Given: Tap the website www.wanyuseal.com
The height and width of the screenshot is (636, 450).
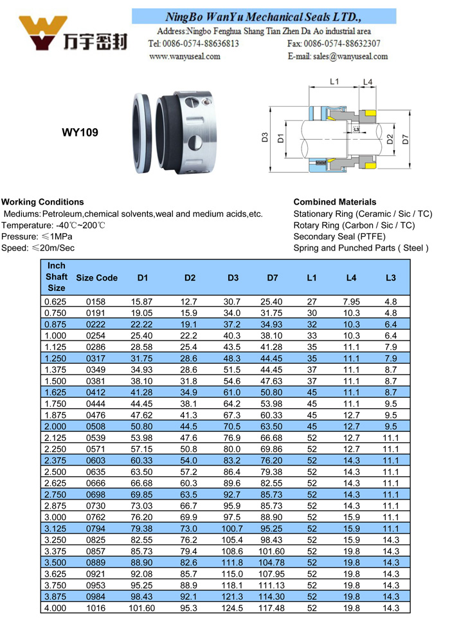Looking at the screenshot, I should pos(184,56).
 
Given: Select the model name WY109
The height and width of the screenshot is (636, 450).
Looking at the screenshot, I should pos(80,133).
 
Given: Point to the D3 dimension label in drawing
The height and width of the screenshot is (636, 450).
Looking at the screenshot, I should pos(264,137).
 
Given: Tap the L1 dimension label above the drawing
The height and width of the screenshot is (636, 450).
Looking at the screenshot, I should pos(334,82).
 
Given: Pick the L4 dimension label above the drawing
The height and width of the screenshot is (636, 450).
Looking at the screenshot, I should pos(367,82).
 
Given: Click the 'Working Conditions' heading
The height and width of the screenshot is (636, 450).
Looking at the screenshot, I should pos(42,201).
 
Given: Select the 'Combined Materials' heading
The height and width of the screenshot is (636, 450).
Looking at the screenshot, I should pos(334,201).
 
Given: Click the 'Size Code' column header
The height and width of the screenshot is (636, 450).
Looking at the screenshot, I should pos(96,277).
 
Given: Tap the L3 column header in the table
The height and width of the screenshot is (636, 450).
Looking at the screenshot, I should pos(391,277).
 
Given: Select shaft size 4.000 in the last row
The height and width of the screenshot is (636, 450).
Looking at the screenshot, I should pos(55,608).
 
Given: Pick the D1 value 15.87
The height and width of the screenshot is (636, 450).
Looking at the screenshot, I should pos(143,301).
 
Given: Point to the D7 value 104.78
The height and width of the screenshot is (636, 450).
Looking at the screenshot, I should pos(273,562).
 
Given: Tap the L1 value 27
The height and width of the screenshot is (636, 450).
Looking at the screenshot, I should pos(312,301).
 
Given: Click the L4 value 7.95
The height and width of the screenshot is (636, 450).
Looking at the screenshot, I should pos(351,301).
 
